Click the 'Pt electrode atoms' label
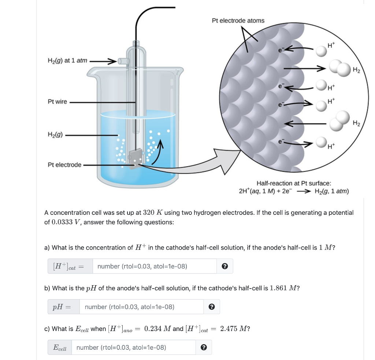[238, 21]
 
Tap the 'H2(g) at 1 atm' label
[67, 60]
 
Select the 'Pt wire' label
[57, 102]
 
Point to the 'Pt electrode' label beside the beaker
[64, 165]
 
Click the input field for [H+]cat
[155, 266]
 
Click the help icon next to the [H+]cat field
[225, 267]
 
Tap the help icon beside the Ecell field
[204, 348]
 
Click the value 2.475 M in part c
[233, 328]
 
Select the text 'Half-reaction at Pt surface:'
[294, 183]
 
